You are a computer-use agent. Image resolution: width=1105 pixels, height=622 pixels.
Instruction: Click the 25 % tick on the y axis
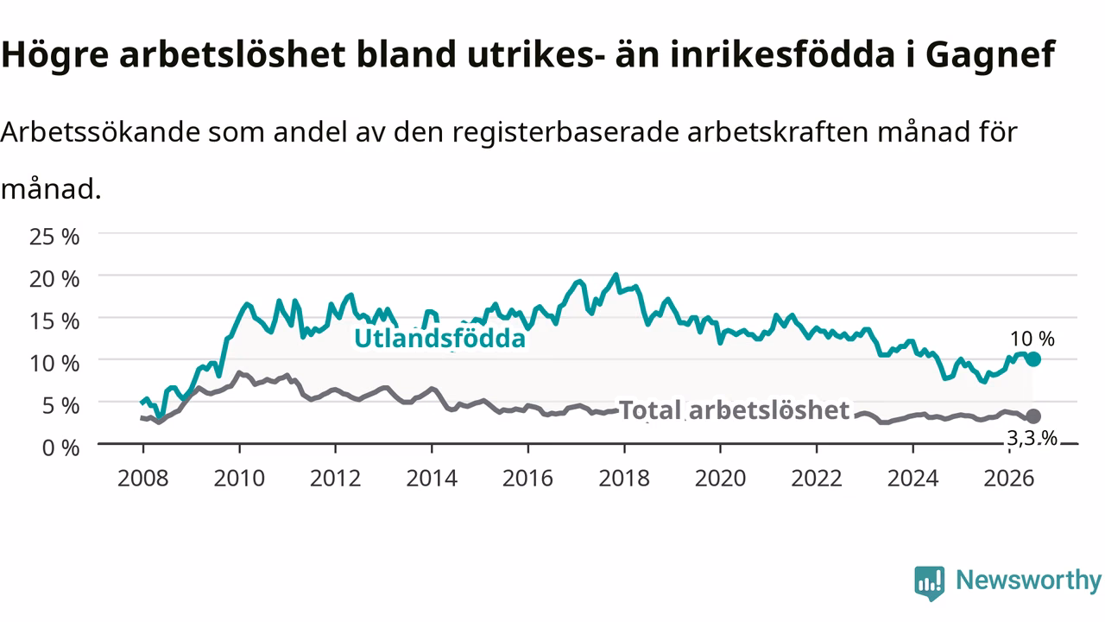tap(54, 237)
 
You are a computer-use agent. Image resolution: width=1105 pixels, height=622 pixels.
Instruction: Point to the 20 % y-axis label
tap(54, 279)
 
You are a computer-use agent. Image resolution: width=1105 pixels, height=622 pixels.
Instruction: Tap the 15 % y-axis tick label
tap(54, 321)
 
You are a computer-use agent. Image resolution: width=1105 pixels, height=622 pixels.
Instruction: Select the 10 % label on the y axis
tap(54, 364)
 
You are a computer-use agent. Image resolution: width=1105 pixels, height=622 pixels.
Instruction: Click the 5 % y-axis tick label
tap(60, 406)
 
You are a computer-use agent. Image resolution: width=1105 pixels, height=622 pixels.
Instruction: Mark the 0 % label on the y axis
tap(60, 448)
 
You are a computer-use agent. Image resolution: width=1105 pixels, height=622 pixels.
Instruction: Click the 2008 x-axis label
tap(143, 479)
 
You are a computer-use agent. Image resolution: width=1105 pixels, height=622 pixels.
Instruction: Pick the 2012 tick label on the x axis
tap(336, 479)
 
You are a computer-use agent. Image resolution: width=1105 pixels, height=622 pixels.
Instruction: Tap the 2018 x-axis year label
tap(624, 479)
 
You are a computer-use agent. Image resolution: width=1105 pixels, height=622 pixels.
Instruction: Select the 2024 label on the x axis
tap(912, 479)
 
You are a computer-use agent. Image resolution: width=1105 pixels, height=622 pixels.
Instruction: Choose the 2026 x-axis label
tap(1009, 479)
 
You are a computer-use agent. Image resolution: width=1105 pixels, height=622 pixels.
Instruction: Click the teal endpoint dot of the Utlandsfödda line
tap(1033, 359)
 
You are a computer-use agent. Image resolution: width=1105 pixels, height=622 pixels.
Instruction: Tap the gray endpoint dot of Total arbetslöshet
tap(1033, 416)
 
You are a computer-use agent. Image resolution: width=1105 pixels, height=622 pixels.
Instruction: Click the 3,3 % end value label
tap(1032, 438)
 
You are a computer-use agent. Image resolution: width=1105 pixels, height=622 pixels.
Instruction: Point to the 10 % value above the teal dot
tap(1032, 340)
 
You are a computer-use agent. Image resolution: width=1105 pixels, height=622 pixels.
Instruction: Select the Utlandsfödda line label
tap(440, 339)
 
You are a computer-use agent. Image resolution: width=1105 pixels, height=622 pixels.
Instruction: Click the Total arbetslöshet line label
tap(734, 410)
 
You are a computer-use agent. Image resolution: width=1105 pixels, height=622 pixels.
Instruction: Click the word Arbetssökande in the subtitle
tap(100, 132)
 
